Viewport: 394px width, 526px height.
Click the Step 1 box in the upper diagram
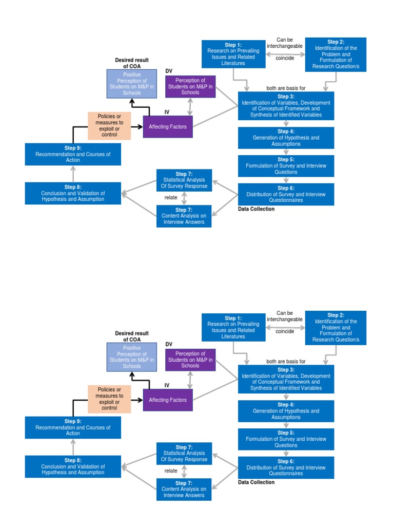[x=233, y=54]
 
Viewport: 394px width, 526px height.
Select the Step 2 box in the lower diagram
[x=336, y=327]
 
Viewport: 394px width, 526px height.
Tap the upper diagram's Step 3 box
[x=286, y=106]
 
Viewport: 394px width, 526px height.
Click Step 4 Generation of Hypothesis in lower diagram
[x=286, y=411]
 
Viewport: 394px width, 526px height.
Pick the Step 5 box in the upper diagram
[x=286, y=166]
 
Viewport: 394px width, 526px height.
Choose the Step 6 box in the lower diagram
[x=286, y=467]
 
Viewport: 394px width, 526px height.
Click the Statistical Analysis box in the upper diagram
[x=184, y=180]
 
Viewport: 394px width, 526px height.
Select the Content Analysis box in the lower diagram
[x=184, y=490]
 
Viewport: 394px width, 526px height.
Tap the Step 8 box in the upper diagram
[x=73, y=193]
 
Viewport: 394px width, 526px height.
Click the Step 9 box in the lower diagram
[x=73, y=427]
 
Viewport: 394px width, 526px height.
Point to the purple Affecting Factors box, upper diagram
[x=168, y=126]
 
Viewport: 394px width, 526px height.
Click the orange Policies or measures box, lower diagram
[x=109, y=399]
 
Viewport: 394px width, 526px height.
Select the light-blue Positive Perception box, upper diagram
[x=132, y=84]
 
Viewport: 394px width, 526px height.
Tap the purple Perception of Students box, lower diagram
[x=190, y=360]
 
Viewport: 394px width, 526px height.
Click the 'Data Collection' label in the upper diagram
[x=257, y=209]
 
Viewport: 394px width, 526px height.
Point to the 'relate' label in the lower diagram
[x=171, y=471]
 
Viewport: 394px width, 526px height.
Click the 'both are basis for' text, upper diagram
[x=286, y=88]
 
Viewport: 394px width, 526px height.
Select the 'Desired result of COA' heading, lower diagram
[x=132, y=336]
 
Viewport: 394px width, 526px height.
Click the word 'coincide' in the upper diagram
[x=285, y=58]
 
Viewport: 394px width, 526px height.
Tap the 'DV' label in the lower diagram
[x=169, y=344]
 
